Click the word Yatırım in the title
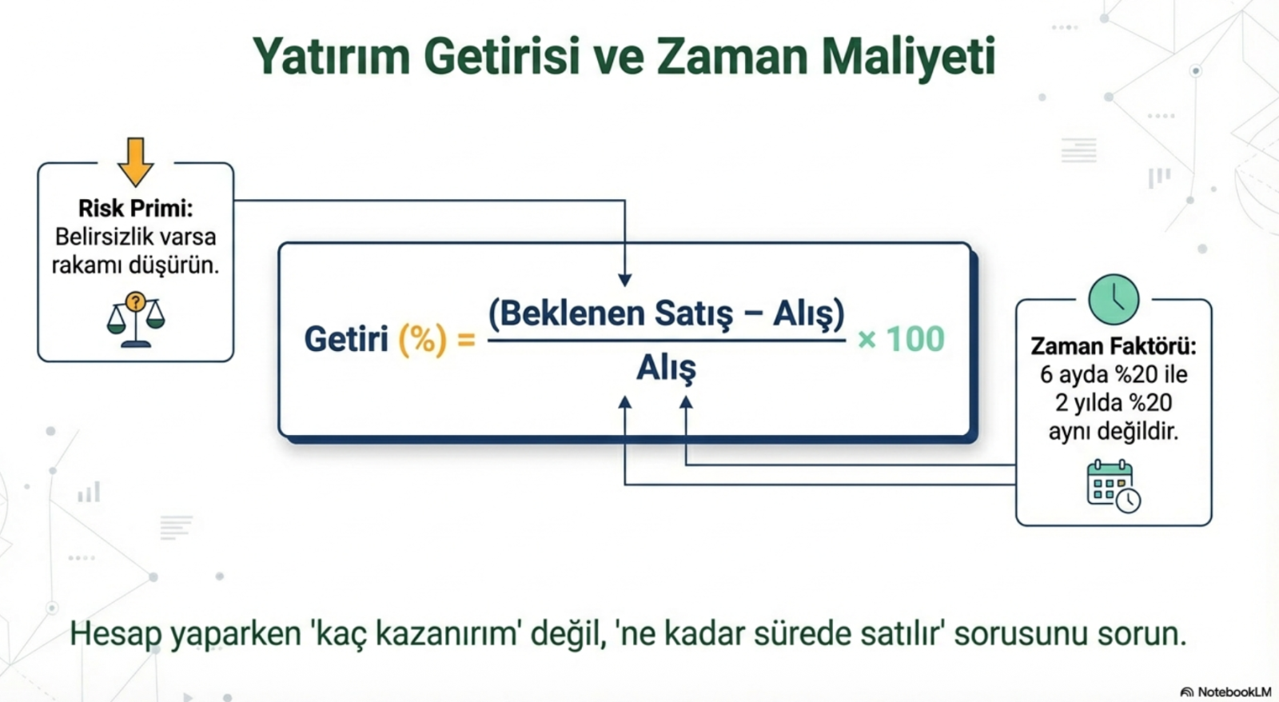(331, 56)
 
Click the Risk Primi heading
(135, 208)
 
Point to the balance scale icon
(136, 320)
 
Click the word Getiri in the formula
(347, 339)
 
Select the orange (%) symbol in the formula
(423, 339)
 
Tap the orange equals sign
(466, 341)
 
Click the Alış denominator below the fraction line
(667, 368)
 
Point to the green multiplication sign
(867, 340)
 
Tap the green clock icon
(1114, 299)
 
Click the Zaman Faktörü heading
(1114, 346)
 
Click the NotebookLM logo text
(1234, 692)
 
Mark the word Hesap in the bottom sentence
(115, 635)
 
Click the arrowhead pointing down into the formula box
(624, 281)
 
